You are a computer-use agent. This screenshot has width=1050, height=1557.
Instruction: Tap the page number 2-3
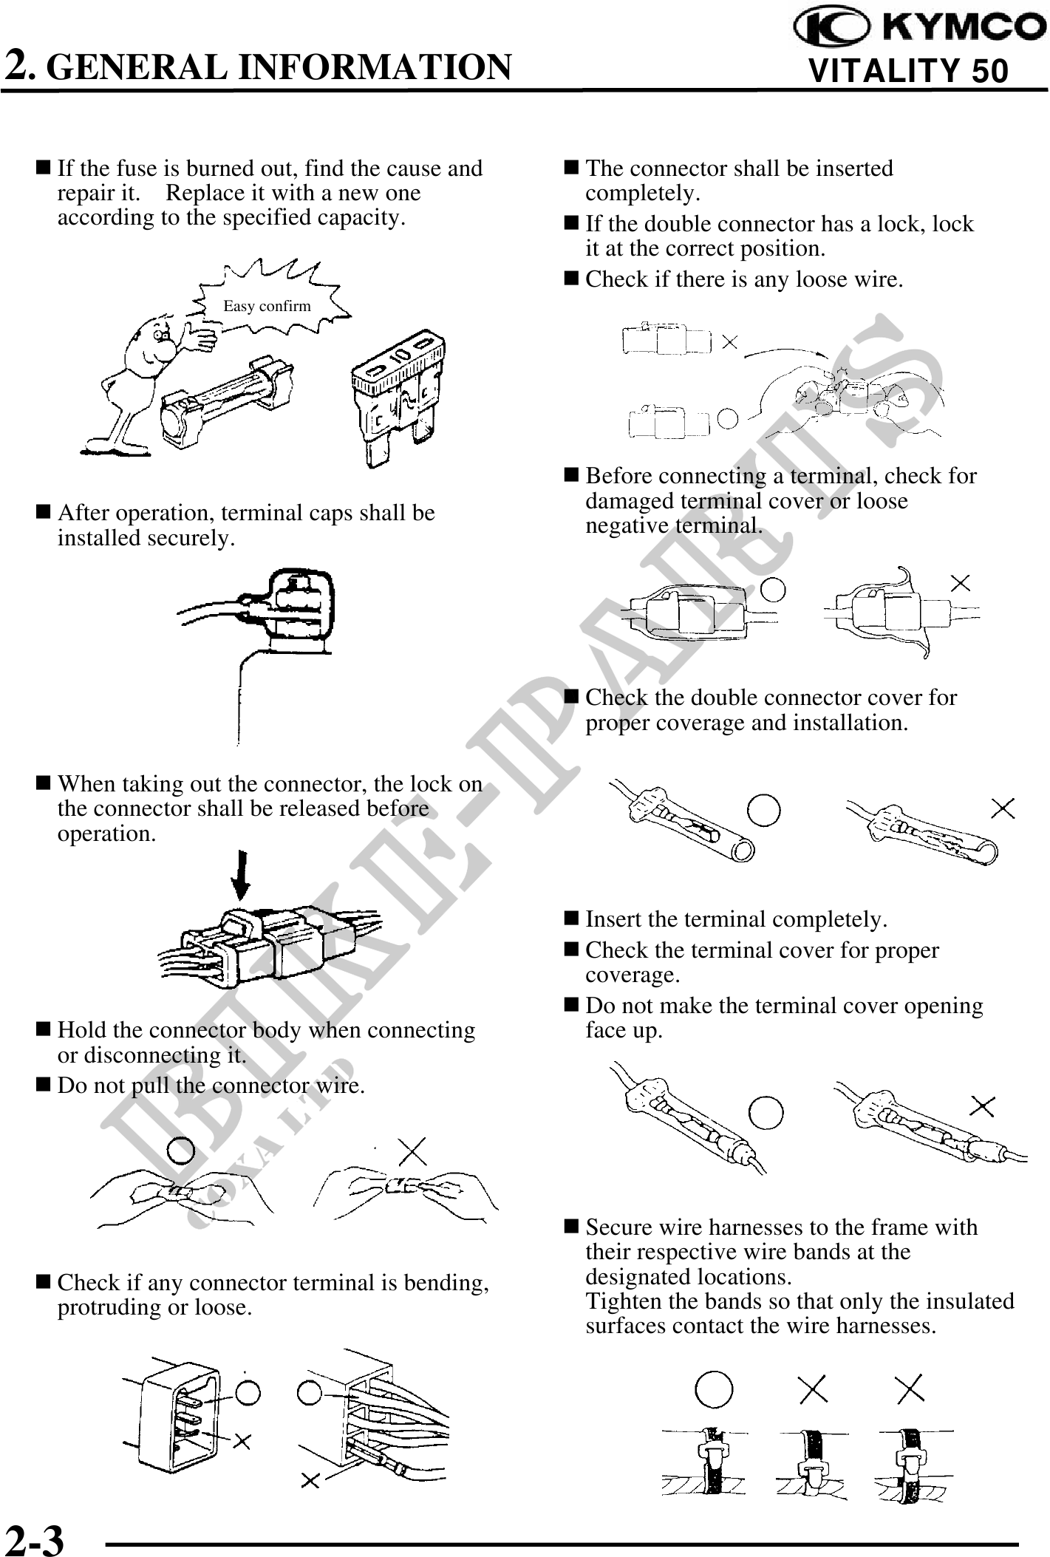[35, 1536]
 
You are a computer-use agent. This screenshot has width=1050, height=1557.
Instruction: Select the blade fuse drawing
[400, 399]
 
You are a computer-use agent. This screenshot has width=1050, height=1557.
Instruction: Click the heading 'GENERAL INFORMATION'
[283, 67]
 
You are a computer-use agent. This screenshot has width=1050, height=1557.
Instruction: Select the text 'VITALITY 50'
[908, 72]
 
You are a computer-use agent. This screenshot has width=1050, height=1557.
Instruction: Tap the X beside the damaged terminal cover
[960, 583]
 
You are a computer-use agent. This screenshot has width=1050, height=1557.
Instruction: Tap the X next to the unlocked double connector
[729, 341]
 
